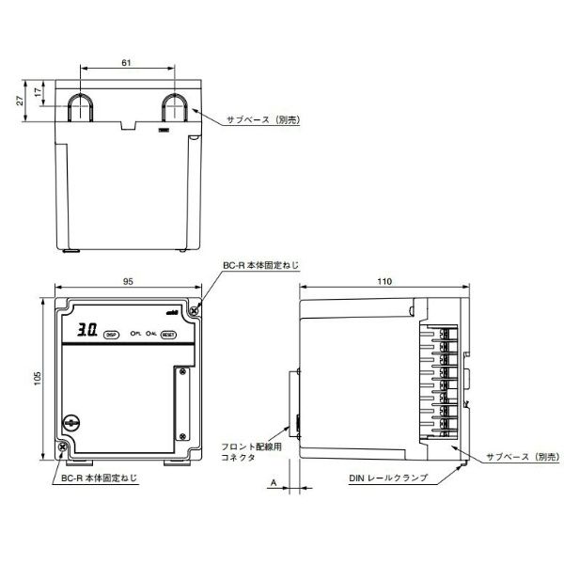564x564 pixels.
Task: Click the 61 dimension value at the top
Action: pos(126,62)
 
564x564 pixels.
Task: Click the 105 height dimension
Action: pos(38,377)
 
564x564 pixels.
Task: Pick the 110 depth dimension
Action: pos(384,280)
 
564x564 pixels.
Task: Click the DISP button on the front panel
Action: pos(110,333)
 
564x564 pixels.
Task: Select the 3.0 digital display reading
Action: pos(87,331)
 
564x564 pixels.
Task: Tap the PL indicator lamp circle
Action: pos(133,333)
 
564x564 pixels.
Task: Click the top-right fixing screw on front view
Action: pos(195,308)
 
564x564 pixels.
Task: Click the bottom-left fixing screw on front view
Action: pos(63,447)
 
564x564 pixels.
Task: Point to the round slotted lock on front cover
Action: pos(69,424)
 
